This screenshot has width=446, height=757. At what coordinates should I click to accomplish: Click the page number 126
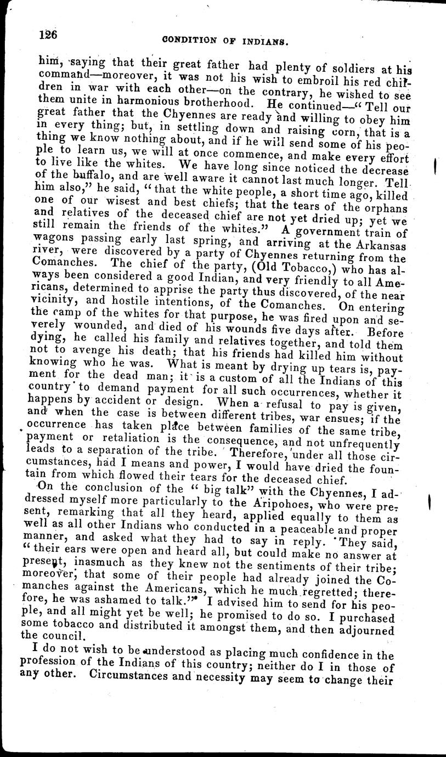click(48, 33)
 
